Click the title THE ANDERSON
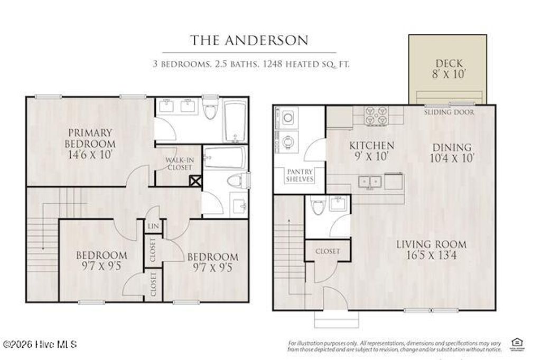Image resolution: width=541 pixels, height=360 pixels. [249, 40]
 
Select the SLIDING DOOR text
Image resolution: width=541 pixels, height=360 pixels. [449, 112]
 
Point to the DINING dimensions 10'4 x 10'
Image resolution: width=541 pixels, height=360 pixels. [452, 157]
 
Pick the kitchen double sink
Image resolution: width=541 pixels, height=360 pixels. [370, 182]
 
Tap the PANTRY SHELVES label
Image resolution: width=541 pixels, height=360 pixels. [300, 175]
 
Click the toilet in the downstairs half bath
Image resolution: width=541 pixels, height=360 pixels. [317, 206]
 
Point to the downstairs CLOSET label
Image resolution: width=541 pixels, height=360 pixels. [328, 251]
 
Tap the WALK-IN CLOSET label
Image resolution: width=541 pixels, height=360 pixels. [178, 163]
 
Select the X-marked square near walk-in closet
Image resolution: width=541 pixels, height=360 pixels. [195, 181]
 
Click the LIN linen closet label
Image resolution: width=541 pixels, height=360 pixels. [153, 226]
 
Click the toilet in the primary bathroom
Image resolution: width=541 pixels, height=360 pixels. [210, 110]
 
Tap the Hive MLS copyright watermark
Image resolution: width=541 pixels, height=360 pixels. [39, 345]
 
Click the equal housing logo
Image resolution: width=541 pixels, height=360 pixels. [514, 344]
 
